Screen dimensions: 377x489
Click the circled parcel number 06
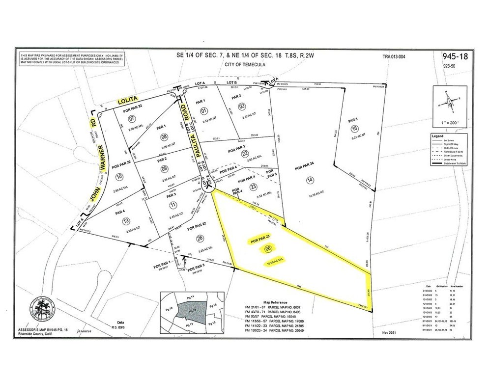point(268,249)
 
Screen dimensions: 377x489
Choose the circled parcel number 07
point(131,119)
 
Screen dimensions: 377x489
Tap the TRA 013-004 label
point(394,56)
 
